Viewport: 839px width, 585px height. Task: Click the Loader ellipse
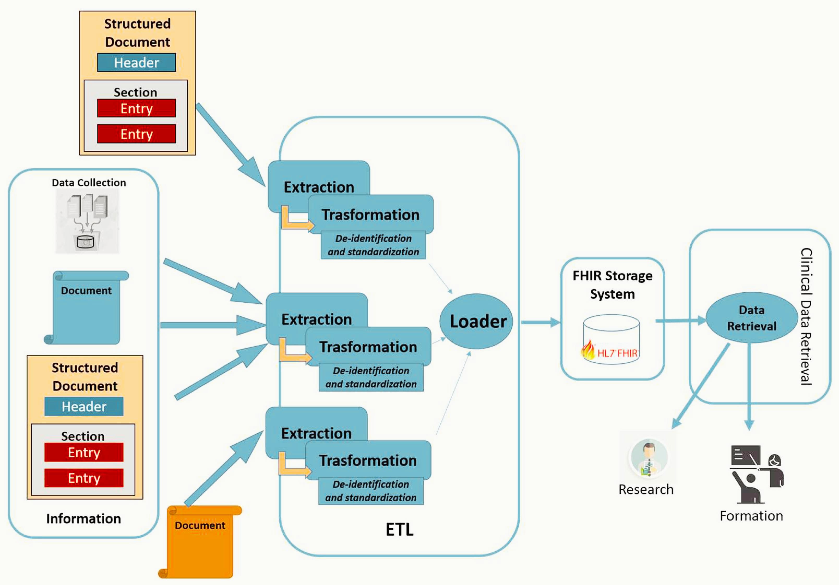point(476,321)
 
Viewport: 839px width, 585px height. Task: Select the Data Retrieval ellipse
point(752,318)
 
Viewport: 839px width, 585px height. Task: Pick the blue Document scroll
point(87,308)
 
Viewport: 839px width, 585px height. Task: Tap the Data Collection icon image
point(87,221)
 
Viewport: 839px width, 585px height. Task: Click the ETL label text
point(399,529)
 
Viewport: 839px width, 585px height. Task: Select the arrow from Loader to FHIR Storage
point(541,322)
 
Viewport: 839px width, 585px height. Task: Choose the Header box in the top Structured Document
point(136,63)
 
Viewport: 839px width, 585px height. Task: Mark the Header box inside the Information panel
point(84,406)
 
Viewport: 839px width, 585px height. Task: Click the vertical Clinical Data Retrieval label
point(806,317)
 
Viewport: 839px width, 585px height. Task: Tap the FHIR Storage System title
point(613,285)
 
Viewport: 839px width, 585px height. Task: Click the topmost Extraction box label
point(319,187)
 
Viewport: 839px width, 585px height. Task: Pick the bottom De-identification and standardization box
point(371,491)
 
